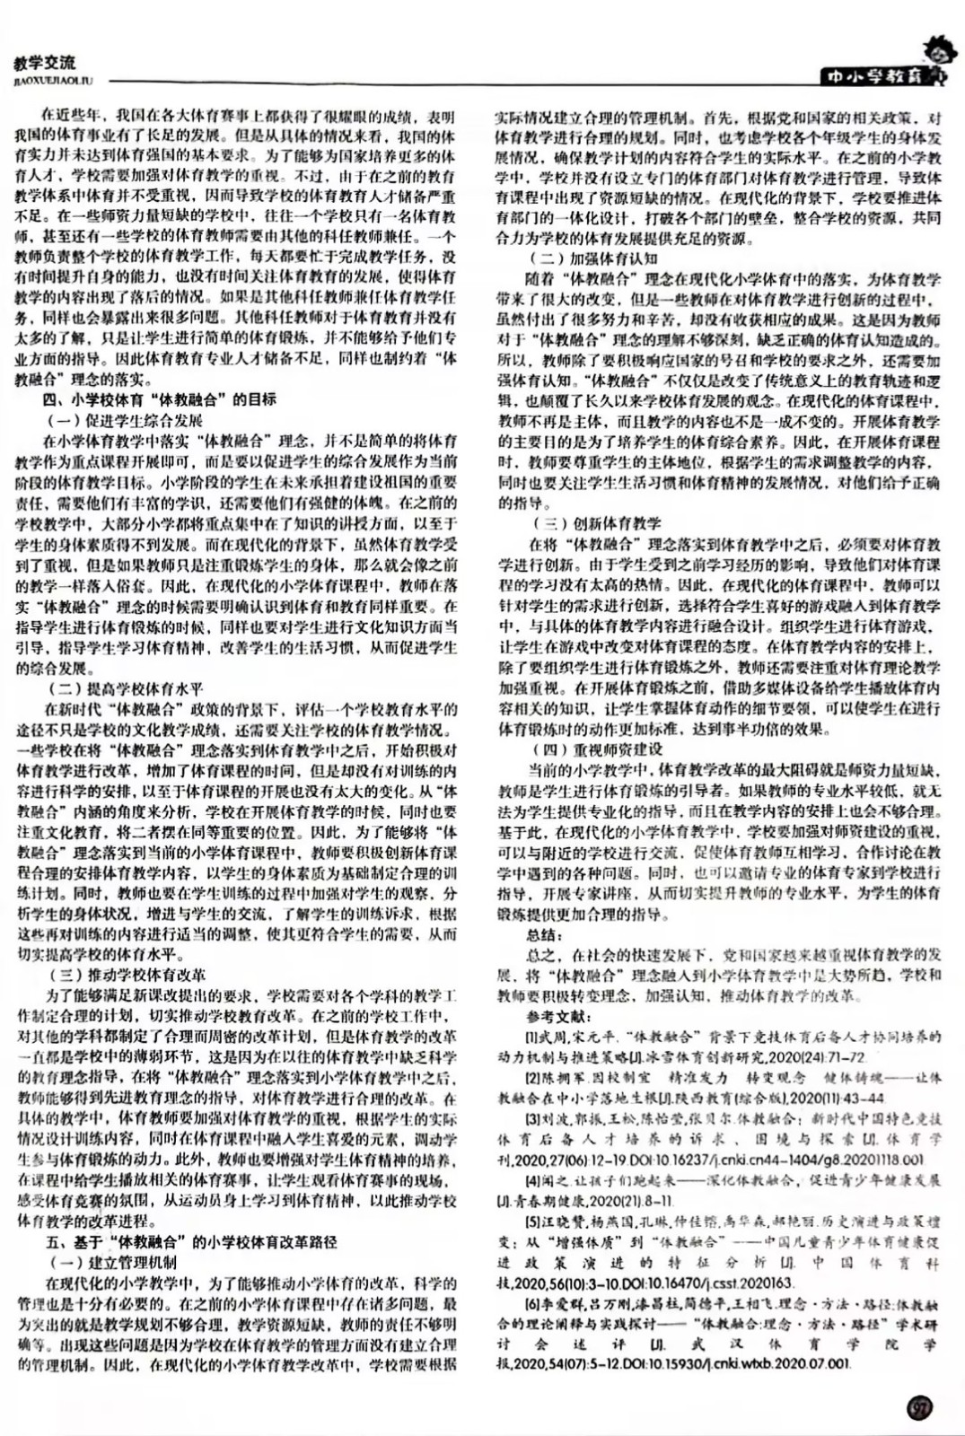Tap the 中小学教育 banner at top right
(874, 78)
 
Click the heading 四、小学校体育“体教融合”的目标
(161, 399)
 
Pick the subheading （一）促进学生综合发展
(125, 420)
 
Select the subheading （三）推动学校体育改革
(126, 975)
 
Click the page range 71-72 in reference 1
(846, 1057)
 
